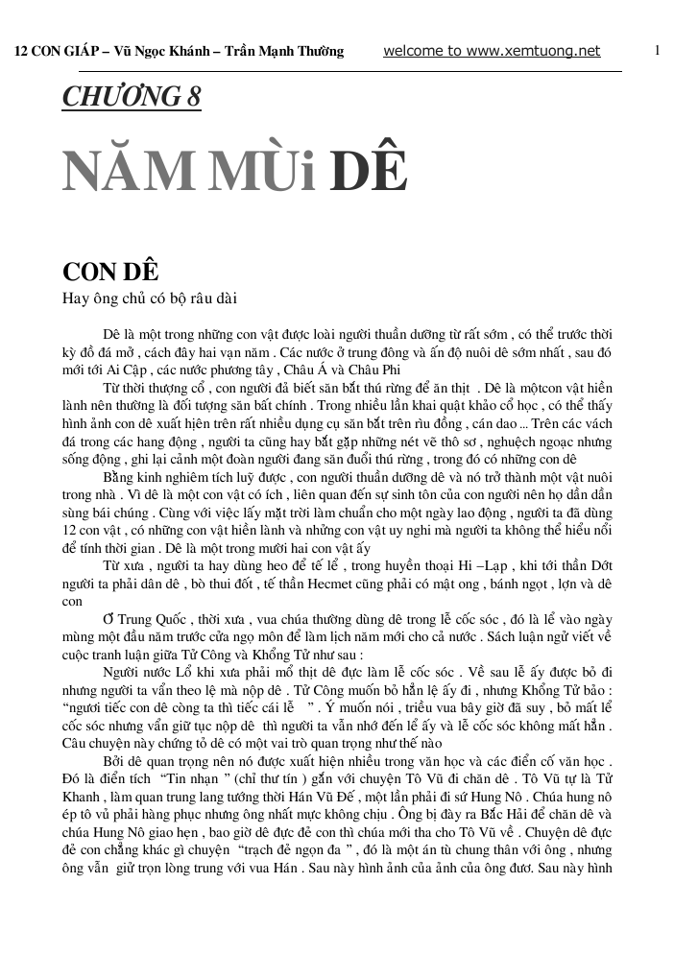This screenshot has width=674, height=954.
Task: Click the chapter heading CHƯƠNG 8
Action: (x=132, y=97)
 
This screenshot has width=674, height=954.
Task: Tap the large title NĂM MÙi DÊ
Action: (x=235, y=173)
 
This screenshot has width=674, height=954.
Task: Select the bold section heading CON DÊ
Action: (x=110, y=271)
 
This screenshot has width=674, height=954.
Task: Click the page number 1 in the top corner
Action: (x=657, y=50)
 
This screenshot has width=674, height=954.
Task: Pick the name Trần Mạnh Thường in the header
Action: (x=283, y=52)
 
